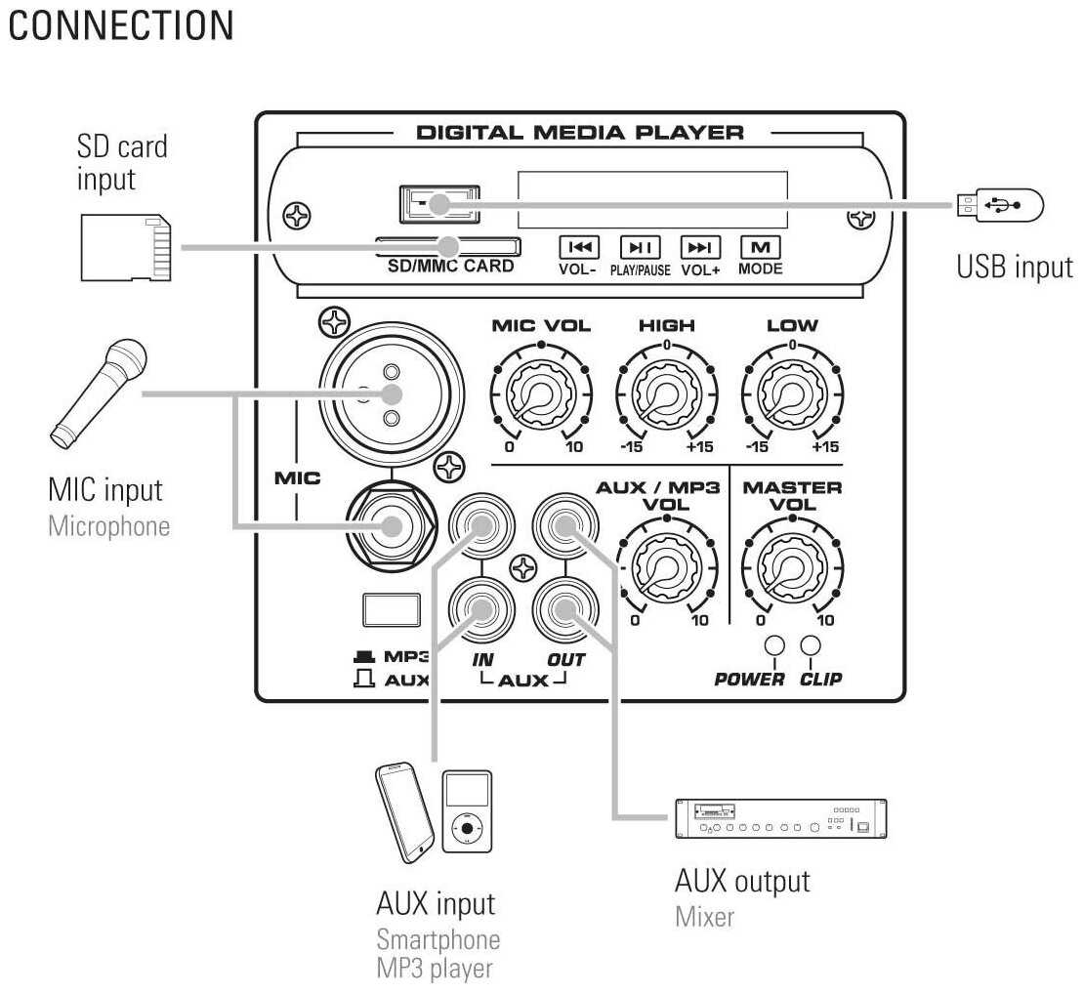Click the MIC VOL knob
(541, 394)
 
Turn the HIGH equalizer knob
(666, 394)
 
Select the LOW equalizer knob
(791, 394)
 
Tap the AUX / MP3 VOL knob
(666, 566)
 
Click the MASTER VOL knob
(791, 566)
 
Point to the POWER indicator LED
(775, 646)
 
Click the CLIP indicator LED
(810, 646)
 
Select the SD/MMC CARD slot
(447, 246)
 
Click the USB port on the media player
(439, 204)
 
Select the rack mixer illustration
(780, 818)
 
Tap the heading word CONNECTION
(121, 26)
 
